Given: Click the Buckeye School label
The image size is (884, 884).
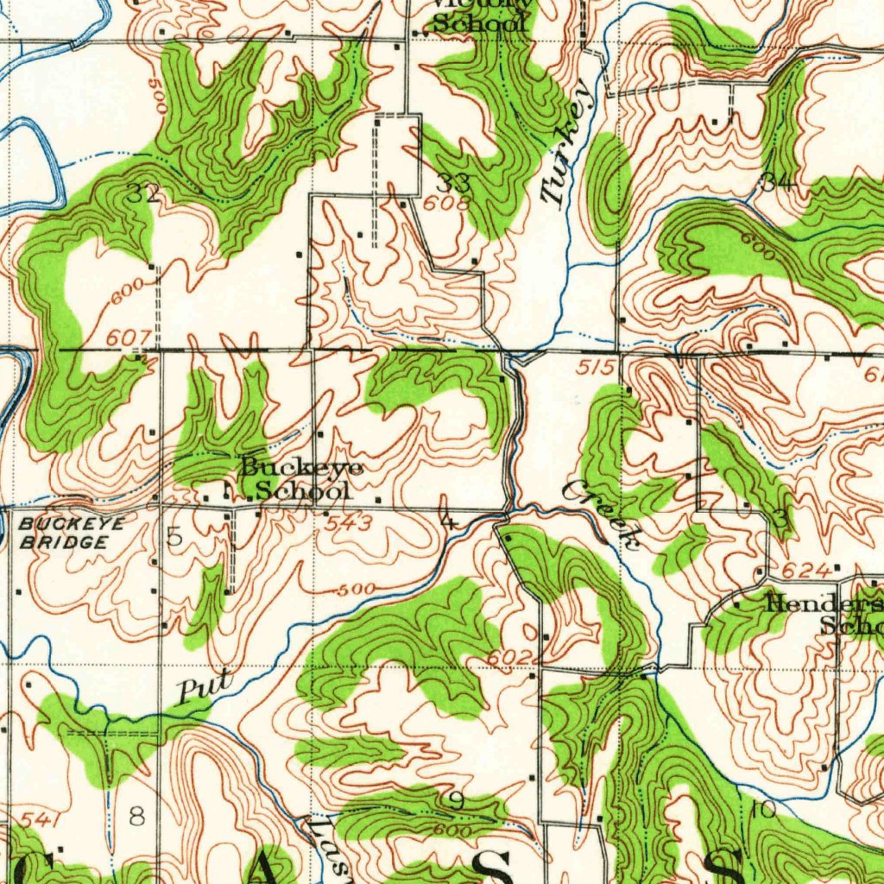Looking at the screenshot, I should tap(295, 479).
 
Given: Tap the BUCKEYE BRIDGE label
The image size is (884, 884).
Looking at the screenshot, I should tap(71, 534).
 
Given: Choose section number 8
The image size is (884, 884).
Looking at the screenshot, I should tap(136, 816).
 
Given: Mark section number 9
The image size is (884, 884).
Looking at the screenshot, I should tap(456, 802).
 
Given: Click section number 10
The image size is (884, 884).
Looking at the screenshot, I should tap(763, 810).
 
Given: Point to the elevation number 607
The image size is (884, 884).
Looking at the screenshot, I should tap(136, 338).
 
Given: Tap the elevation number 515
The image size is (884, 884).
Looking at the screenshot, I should tap(596, 369).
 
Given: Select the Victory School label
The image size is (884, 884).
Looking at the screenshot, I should tap(479, 16).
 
